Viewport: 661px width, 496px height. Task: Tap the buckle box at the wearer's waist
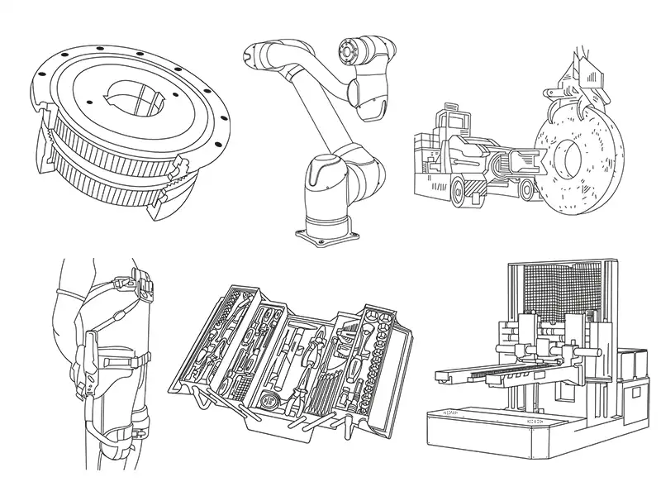click(x=145, y=289)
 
